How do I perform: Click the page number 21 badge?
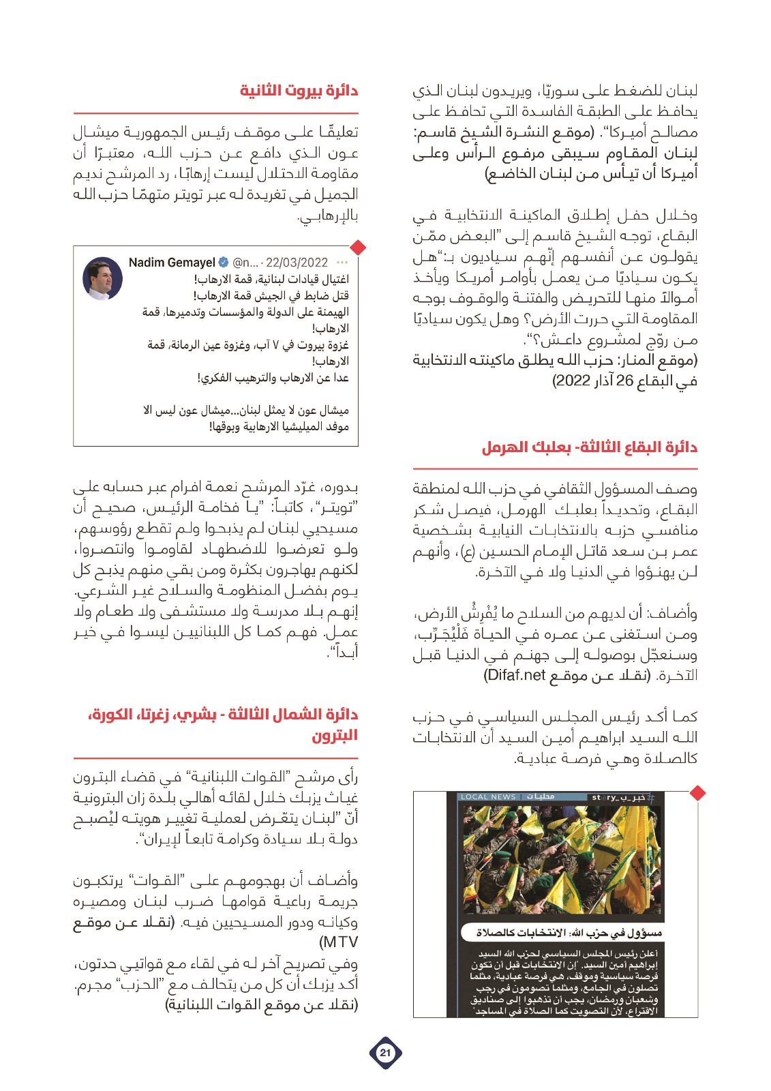click(x=385, y=1052)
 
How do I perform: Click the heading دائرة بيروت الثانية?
click(x=299, y=91)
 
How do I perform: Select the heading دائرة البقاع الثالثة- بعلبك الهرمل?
click(x=590, y=447)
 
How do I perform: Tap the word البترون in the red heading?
click(x=335, y=735)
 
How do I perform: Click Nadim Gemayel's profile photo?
click(x=102, y=278)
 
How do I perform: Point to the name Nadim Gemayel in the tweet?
click(x=172, y=263)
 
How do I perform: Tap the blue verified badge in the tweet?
click(x=223, y=263)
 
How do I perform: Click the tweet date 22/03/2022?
click(x=297, y=263)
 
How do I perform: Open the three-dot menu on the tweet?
click(x=342, y=263)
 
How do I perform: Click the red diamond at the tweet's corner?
click(x=358, y=247)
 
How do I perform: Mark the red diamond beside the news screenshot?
click(x=697, y=793)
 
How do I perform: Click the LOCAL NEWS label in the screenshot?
click(x=488, y=796)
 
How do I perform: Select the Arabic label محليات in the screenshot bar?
click(x=540, y=796)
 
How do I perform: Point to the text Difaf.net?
click(x=515, y=675)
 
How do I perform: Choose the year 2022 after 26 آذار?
click(x=571, y=380)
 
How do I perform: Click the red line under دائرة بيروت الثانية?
click(x=215, y=113)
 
